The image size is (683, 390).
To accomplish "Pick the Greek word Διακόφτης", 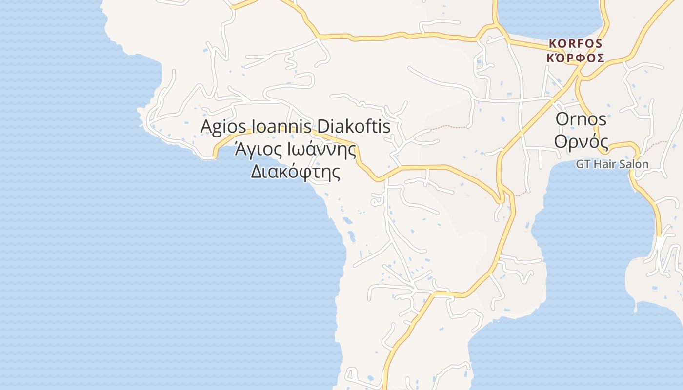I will (x=295, y=171).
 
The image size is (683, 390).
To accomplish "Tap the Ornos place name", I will (x=581, y=119).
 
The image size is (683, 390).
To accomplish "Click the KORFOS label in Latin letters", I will (x=576, y=43).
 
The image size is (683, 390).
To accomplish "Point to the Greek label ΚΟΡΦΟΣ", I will (x=576, y=58).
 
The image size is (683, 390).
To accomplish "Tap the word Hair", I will (x=603, y=164).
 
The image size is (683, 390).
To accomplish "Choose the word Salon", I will (x=633, y=164).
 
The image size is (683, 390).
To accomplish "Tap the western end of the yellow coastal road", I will (x=215, y=156).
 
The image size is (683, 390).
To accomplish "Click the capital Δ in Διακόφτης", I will (x=257, y=171).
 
